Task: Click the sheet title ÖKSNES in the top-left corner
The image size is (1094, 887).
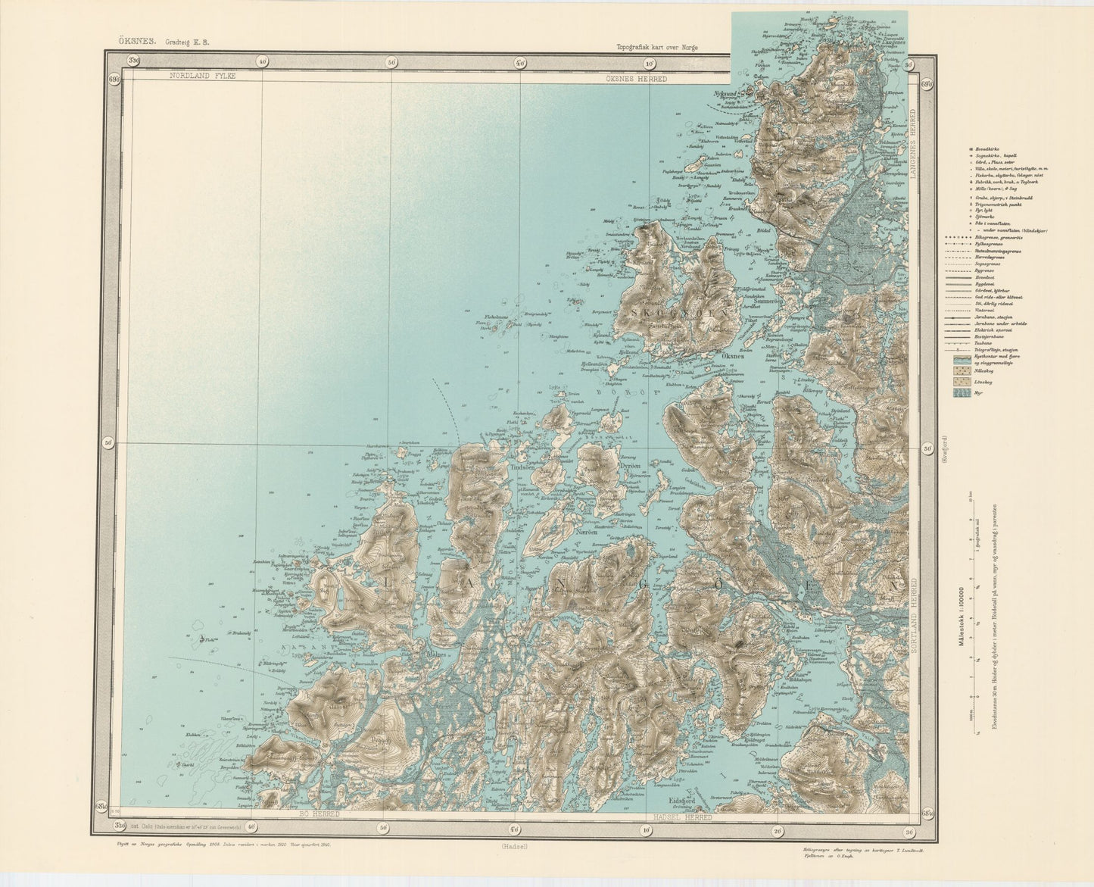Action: click(134, 42)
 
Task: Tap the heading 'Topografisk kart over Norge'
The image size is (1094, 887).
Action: click(657, 46)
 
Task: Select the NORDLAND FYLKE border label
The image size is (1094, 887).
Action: click(203, 77)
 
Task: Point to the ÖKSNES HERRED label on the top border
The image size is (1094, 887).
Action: click(636, 78)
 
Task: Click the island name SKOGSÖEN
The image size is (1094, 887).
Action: click(677, 311)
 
